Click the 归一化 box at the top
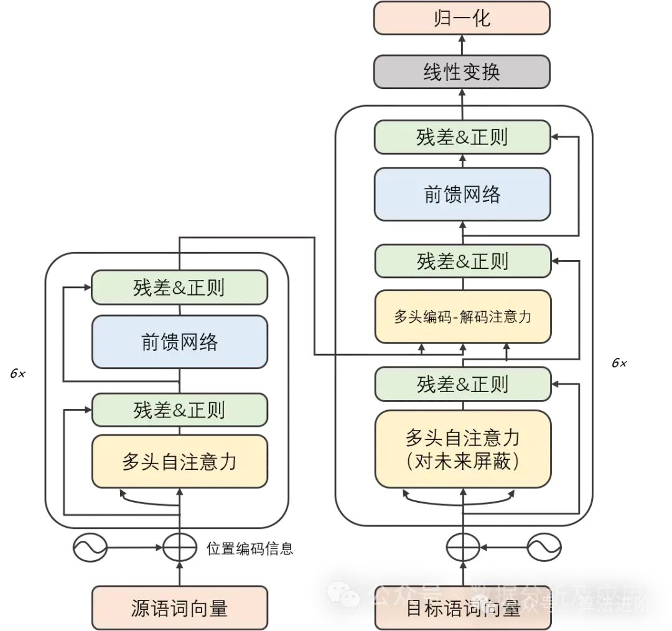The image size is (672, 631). tap(462, 17)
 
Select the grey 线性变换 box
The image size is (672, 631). tap(462, 72)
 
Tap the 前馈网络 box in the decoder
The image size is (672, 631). tap(462, 194)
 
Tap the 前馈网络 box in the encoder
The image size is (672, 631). tap(179, 342)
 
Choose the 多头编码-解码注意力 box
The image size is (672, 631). tap(462, 316)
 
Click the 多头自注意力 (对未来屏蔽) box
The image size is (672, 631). tap(462, 449)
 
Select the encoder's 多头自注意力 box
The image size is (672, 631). tap(179, 461)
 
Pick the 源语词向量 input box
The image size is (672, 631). tap(179, 607)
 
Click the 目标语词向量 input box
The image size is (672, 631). tap(462, 607)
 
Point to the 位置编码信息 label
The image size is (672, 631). tap(250, 549)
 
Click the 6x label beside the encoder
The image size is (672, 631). tap(17, 374)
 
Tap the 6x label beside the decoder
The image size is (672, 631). tap(618, 363)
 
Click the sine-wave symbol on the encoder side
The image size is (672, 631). tap(90, 548)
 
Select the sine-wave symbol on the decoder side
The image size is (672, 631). tap(544, 548)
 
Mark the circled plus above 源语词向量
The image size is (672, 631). tap(179, 548)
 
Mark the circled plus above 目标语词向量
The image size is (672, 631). tap(462, 548)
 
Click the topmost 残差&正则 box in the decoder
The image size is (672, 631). tap(462, 138)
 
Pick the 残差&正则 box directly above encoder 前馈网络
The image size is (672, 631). tap(179, 287)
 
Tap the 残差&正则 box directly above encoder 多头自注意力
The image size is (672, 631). tap(179, 409)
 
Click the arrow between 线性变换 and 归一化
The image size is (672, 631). tap(462, 45)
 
